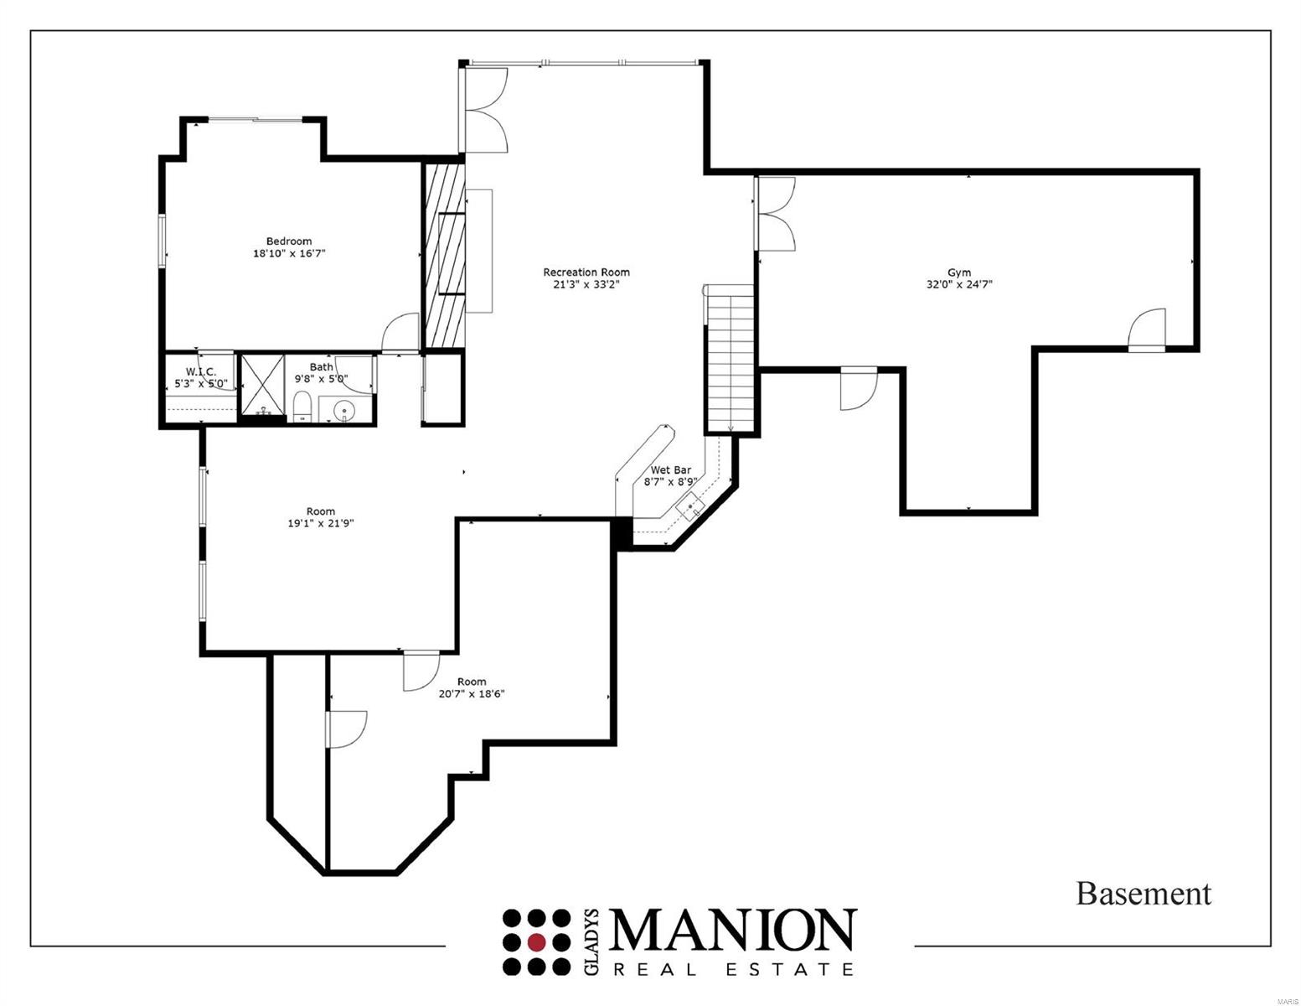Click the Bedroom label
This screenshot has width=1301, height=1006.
tap(289, 241)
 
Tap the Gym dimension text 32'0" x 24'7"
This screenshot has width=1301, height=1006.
tap(959, 284)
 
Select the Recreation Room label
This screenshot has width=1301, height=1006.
tap(586, 272)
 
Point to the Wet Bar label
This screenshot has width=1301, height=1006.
tap(670, 470)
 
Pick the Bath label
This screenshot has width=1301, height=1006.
tap(321, 367)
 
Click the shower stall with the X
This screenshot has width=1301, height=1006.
tap(263, 386)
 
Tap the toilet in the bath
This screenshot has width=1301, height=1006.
tap(302, 407)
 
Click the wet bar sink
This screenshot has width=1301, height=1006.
tap(691, 506)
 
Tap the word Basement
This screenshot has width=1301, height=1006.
tap(1144, 894)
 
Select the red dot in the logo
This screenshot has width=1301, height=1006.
tap(537, 941)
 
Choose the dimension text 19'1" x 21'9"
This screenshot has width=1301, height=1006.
tap(321, 523)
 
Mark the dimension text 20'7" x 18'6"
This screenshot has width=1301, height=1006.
tap(472, 694)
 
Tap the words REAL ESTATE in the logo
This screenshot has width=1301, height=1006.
tap(733, 969)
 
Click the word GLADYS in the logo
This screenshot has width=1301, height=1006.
tap(591, 941)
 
